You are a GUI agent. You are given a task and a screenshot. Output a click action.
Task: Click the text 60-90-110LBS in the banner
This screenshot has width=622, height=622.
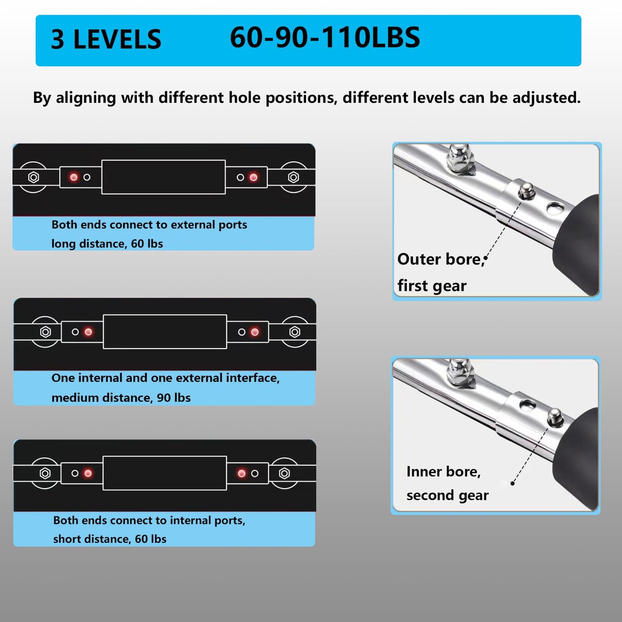pos(325,37)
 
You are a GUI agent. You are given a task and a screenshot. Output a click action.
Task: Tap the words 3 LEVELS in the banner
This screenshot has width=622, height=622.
pos(106,39)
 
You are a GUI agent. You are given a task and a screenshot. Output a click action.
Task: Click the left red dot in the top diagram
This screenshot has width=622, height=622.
pos(74,177)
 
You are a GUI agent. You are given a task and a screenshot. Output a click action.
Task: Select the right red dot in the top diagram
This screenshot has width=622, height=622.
pos(254,177)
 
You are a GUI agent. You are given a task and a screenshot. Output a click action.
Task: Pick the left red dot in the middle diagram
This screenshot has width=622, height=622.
pos(88,332)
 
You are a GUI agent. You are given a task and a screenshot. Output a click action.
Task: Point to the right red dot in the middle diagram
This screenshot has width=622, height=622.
pos(255,332)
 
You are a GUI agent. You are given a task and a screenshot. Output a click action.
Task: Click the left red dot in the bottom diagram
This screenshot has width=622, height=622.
pos(88,473)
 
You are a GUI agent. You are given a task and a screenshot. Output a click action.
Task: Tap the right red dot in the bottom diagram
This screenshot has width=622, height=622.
pos(241,473)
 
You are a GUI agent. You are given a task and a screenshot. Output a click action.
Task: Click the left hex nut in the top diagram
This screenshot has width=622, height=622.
pos(34,177)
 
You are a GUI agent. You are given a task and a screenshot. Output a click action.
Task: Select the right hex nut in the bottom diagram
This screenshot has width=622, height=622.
pos(284,473)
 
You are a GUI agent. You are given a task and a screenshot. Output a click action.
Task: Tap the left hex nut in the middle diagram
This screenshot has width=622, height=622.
pos(46,332)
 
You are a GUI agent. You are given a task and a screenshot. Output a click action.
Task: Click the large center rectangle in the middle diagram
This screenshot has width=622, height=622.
pos(165,331)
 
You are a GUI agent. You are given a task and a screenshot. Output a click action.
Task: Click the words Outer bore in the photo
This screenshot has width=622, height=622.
pos(441,259)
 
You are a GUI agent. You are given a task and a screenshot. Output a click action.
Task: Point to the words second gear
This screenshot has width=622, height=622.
pos(447,495)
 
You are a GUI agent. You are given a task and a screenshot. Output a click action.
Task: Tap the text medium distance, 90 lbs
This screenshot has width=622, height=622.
pos(121,398)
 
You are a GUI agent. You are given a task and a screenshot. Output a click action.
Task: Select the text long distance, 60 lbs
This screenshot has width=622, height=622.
pos(107,243)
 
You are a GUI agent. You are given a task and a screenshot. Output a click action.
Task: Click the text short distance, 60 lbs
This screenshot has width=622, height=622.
pos(110,539)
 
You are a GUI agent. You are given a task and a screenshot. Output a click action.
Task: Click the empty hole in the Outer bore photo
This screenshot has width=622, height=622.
pos(554,208)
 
